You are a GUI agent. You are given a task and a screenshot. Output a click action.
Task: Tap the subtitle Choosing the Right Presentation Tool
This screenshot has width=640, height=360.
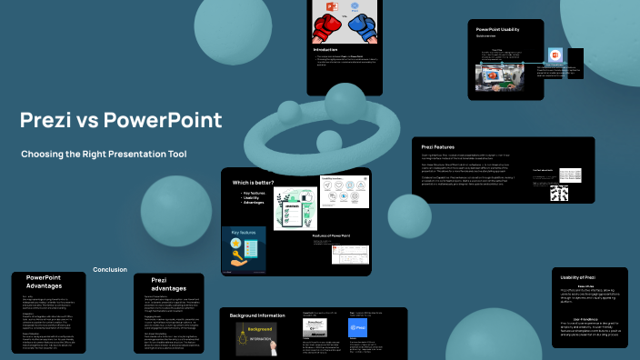coord(104,154)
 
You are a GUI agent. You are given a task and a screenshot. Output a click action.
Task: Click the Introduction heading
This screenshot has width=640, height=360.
coord(325,48)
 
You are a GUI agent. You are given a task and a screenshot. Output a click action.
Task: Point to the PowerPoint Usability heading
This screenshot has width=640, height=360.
coord(498,30)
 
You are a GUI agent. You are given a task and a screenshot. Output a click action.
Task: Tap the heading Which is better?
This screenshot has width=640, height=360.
coord(254,183)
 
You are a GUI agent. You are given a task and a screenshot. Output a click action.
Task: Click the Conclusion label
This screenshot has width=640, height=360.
coord(110,269)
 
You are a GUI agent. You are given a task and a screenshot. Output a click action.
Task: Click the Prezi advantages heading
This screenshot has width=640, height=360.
coord(167,285)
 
